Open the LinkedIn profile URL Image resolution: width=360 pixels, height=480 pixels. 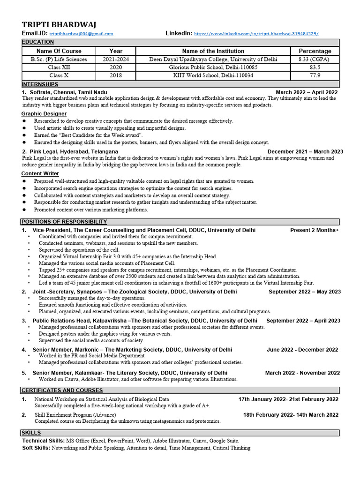(256, 34)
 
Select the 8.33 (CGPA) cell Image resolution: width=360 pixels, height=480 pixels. (315, 60)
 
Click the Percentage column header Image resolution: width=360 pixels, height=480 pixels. (315, 51)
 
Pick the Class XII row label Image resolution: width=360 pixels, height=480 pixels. (59, 67)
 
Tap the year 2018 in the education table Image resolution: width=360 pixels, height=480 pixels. (116, 75)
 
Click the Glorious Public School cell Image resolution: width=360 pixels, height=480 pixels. (213, 67)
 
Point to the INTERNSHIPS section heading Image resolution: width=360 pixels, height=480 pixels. (40, 84)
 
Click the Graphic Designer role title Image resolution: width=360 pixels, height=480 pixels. (44, 114)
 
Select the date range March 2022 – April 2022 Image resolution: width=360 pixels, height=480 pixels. (307, 92)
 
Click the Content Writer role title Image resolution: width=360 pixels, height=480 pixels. (40, 173)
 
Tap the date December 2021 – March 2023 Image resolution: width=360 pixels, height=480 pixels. (305, 152)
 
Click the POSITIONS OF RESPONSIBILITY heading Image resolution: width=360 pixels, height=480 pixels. (64, 222)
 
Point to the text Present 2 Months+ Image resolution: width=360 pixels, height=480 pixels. (314, 230)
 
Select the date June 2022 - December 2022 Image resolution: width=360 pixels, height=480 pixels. (302, 350)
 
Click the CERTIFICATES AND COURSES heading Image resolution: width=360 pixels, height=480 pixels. (62, 390)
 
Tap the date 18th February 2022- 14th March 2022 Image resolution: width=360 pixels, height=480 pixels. (291, 415)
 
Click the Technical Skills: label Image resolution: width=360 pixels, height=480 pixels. (44, 441)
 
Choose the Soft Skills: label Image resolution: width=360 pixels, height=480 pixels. (36, 448)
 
